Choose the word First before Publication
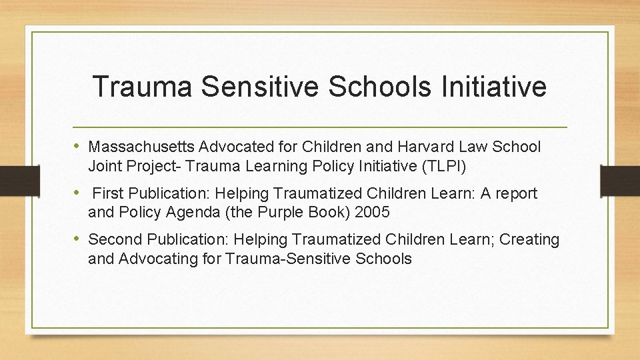point(107,193)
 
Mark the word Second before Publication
point(115,239)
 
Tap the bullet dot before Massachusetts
point(79,146)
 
